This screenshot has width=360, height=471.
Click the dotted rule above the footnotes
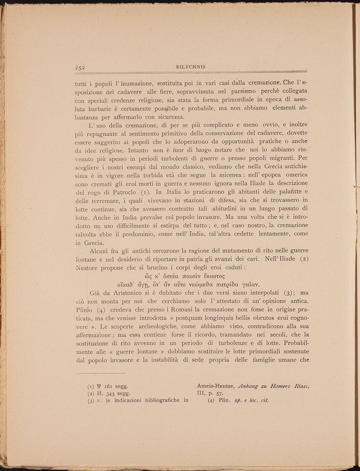coord(101,373)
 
